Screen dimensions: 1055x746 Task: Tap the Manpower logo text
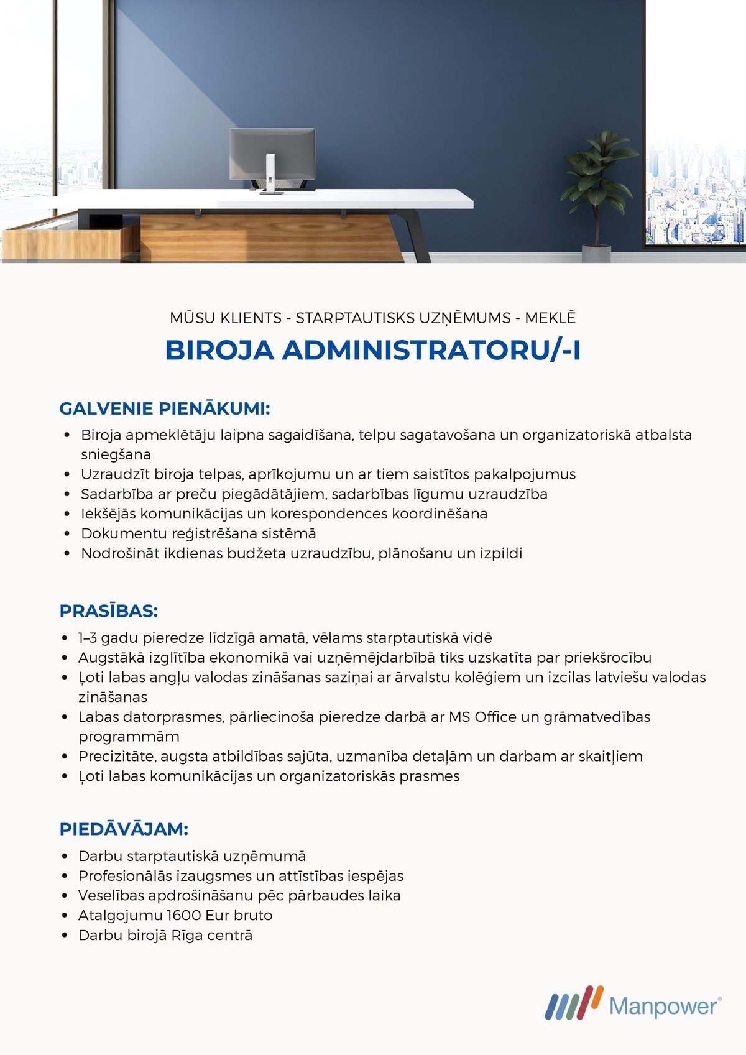(x=665, y=1005)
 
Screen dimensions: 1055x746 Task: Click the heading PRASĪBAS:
(x=109, y=611)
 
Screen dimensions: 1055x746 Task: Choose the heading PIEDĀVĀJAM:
(x=124, y=829)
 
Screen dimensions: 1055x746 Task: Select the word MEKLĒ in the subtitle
(x=550, y=318)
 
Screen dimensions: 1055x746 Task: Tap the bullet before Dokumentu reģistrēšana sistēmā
(x=67, y=534)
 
